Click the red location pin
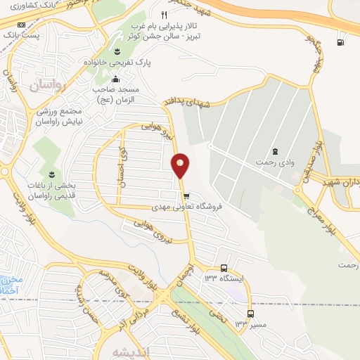(x=180, y=165)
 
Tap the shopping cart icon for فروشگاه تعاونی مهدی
(x=186, y=196)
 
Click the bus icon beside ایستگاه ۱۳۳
(x=224, y=268)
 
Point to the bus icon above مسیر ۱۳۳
(x=251, y=314)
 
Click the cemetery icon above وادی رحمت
(x=274, y=151)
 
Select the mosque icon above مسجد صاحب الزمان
(x=115, y=79)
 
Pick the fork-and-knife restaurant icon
(x=164, y=14)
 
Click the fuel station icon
(x=341, y=42)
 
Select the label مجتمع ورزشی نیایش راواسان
(x=60, y=117)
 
